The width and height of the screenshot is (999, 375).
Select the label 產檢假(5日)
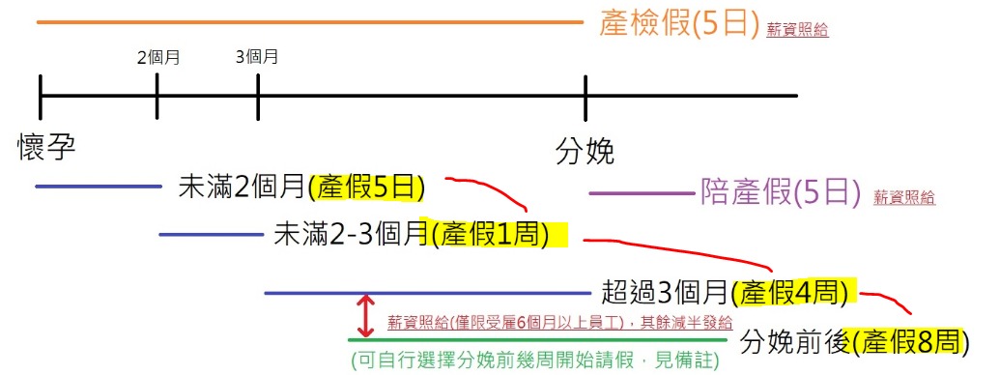tap(679, 24)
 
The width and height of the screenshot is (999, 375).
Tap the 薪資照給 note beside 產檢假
tap(797, 30)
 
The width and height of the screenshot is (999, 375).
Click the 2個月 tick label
tap(157, 57)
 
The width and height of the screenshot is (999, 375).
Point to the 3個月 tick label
tap(257, 57)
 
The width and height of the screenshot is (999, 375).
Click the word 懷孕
tap(46, 147)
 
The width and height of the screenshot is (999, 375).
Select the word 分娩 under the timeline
tap(585, 152)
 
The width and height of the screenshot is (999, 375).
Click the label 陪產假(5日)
tap(779, 193)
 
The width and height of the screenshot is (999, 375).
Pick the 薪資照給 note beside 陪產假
tap(904, 198)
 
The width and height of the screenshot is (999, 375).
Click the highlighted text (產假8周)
tap(908, 341)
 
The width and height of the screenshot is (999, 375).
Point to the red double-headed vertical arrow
tap(365, 315)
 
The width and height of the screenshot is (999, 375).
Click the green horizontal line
tap(537, 339)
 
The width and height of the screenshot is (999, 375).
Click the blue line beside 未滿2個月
tap(98, 186)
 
